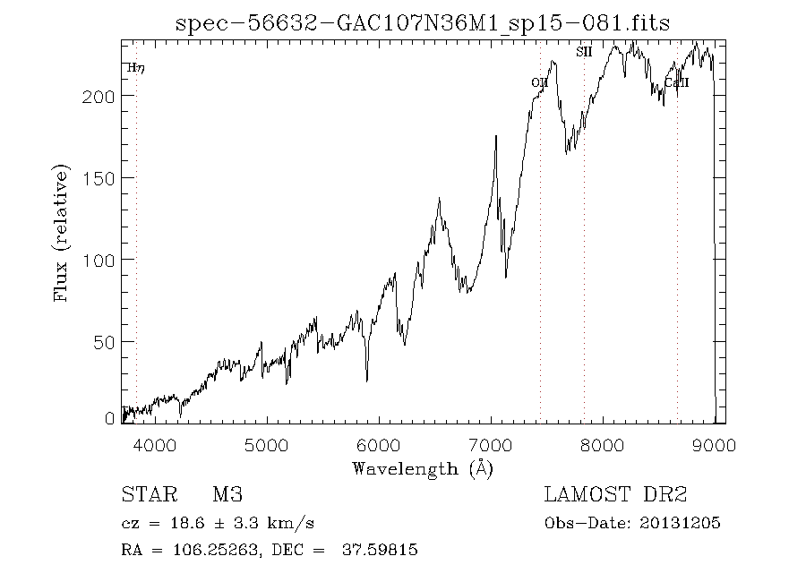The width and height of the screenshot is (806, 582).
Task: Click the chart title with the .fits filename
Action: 422,23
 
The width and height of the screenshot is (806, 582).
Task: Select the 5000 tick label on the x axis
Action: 266,445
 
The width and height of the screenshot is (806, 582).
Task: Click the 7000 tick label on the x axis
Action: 490,445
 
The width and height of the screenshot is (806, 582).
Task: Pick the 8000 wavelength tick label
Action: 603,445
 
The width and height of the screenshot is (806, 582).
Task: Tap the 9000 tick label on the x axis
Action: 714,445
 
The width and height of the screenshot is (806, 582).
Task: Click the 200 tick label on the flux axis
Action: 99,97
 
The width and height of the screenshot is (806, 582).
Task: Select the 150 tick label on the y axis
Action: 99,178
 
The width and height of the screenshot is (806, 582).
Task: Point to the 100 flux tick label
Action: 99,260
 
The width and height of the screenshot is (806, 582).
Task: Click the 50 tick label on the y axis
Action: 104,342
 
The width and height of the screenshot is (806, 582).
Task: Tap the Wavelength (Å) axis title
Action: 423,468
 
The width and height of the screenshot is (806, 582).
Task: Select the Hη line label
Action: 135,68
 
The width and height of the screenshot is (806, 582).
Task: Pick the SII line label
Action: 584,53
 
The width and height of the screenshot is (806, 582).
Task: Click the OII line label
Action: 539,83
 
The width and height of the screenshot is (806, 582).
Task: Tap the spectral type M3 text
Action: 227,495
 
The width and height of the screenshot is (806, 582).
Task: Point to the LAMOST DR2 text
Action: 615,495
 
